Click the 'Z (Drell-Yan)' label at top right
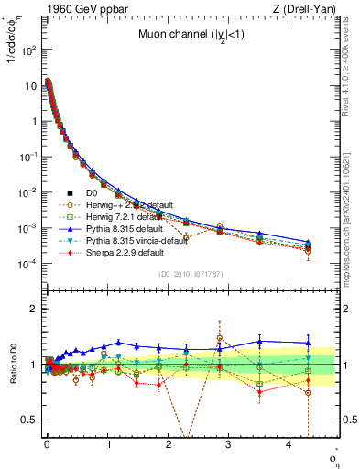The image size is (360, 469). click(309, 9)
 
